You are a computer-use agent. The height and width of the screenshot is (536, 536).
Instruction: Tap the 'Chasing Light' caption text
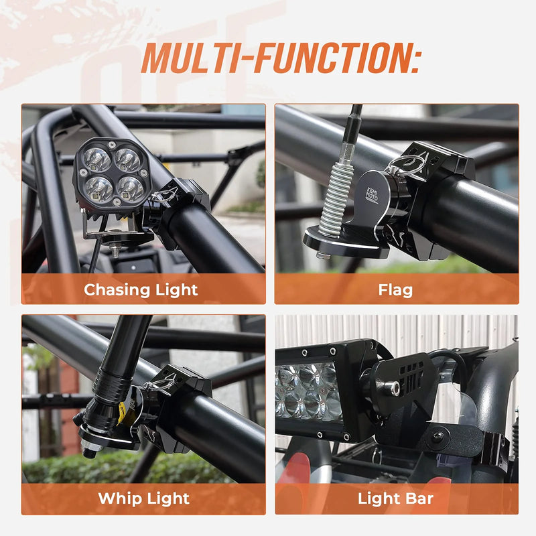pyautogui.click(x=141, y=289)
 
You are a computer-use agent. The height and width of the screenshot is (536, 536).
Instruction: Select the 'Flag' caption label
pyautogui.click(x=395, y=289)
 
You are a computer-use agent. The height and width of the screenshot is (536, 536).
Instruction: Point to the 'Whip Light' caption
pyautogui.click(x=143, y=498)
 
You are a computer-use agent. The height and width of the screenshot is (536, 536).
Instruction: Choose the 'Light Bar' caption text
pyautogui.click(x=395, y=498)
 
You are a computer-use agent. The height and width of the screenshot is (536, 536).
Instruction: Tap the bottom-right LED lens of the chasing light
pyautogui.click(x=131, y=189)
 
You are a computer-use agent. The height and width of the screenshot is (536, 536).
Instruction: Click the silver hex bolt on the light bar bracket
pyautogui.click(x=388, y=387)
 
